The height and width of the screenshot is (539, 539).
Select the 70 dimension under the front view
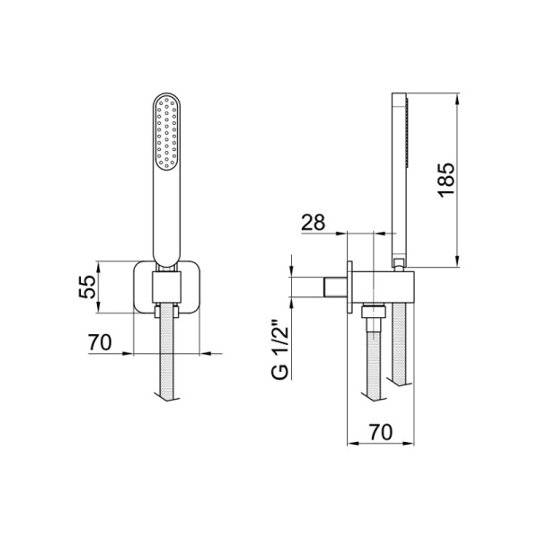coord(101,342)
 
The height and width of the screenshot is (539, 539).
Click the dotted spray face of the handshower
coord(167,135)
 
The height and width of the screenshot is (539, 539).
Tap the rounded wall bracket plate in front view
coord(141,287)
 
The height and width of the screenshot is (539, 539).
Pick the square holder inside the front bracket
coord(167,288)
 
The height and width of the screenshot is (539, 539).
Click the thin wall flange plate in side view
coord(349,288)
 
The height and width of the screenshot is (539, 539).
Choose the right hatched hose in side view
coord(401,350)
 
